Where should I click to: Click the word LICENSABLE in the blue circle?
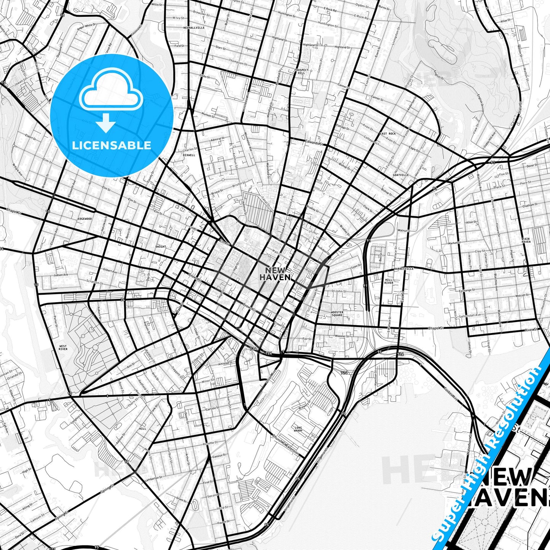pos(112,145)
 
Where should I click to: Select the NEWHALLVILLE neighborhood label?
pos(194,28)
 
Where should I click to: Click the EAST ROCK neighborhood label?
pos(387,134)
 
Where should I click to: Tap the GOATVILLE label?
pos(400,175)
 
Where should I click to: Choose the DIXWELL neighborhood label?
pos(189,155)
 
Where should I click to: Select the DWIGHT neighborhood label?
pos(161,247)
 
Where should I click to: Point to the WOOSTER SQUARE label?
pos(337,314)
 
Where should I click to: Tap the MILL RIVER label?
pos(389,281)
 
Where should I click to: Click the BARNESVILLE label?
pos(404,269)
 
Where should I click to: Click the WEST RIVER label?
pos(63,347)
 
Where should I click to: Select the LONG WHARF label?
pos(298,430)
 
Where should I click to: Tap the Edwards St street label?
pos(314,144)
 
